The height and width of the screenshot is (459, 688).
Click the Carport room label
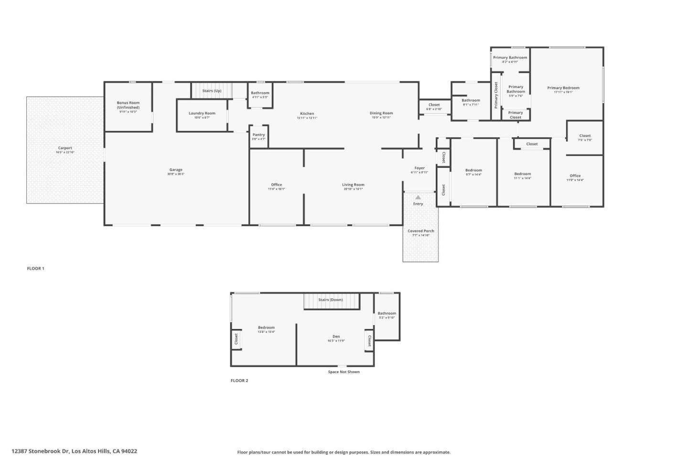pyautogui.click(x=65, y=148)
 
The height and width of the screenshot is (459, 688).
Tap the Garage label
pyautogui.click(x=176, y=170)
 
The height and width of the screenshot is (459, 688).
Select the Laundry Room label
pyautogui.click(x=202, y=113)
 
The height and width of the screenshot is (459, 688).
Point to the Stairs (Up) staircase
pyautogui.click(x=212, y=90)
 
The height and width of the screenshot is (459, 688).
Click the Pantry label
pyautogui.click(x=258, y=135)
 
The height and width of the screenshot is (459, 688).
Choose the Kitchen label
pyautogui.click(x=307, y=114)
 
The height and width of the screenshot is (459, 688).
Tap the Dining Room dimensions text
pyautogui.click(x=381, y=118)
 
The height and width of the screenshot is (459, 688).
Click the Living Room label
pyautogui.click(x=353, y=185)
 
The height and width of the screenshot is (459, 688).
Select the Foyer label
pyautogui.click(x=419, y=168)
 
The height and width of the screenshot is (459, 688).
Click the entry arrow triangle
pyautogui.click(x=418, y=197)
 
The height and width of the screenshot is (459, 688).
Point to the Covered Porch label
pyautogui.click(x=421, y=231)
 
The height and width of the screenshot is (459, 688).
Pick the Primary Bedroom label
pyautogui.click(x=563, y=88)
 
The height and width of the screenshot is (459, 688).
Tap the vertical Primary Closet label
pyautogui.click(x=496, y=95)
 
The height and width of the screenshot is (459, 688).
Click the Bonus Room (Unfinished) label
pyautogui.click(x=128, y=105)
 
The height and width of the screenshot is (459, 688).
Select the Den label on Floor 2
pyautogui.click(x=336, y=337)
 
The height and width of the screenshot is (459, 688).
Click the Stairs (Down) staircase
pyautogui.click(x=331, y=302)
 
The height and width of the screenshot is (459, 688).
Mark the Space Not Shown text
pyautogui.click(x=344, y=372)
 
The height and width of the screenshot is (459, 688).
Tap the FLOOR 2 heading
pyautogui.click(x=239, y=381)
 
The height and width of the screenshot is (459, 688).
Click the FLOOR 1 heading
pyautogui.click(x=35, y=269)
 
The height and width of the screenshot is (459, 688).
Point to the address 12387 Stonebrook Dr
pyautogui.click(x=74, y=451)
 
